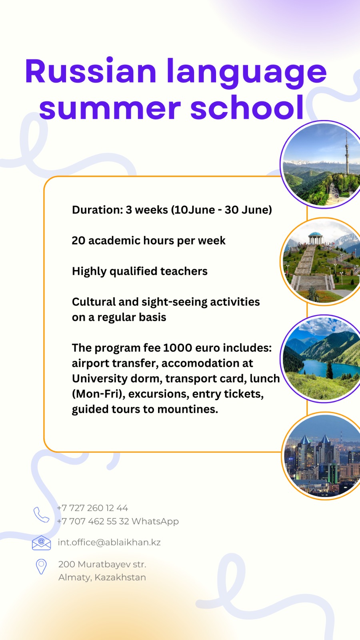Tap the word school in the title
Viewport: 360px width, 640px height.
click(248, 108)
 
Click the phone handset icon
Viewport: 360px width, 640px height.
click(42, 514)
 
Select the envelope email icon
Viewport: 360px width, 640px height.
click(42, 542)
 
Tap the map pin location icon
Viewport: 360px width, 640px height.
click(41, 566)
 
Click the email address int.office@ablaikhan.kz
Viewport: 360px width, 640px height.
click(109, 542)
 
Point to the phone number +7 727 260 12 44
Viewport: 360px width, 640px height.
click(92, 508)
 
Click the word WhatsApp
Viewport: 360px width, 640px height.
click(155, 522)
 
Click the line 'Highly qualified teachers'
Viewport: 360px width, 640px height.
click(140, 272)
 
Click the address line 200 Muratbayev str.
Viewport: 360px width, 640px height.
click(102, 564)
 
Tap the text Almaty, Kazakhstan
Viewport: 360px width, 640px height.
click(102, 578)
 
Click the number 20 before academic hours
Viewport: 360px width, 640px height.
click(78, 240)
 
